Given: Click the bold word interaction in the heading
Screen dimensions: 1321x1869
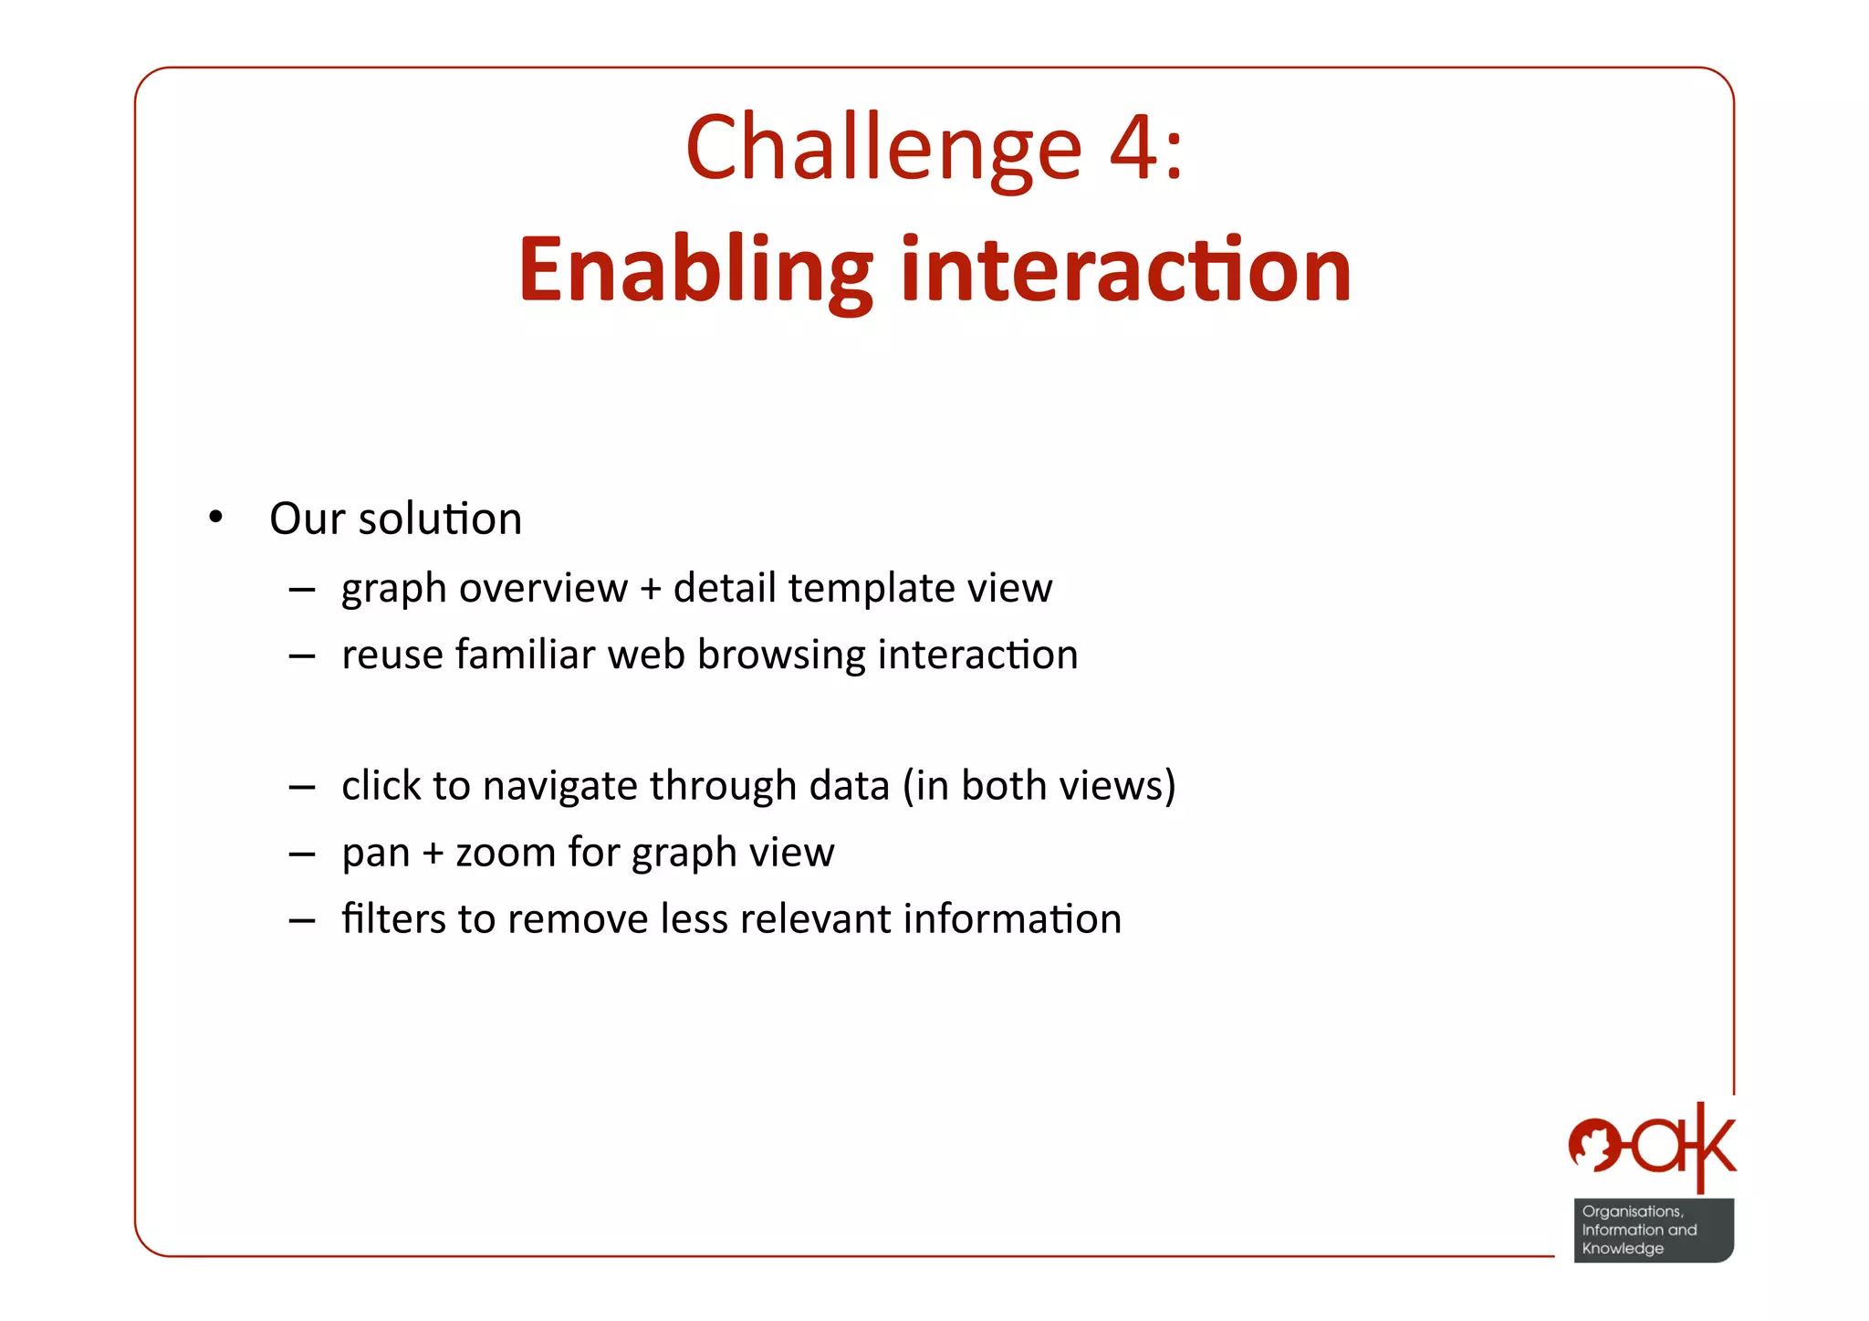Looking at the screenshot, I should [1124, 271].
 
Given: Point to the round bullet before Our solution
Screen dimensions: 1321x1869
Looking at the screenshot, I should [215, 519].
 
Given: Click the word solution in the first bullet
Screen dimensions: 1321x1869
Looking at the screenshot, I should [440, 519].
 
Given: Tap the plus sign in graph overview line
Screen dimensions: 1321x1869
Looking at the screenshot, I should [650, 589].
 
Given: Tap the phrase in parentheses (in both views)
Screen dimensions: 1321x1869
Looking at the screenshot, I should [1039, 786].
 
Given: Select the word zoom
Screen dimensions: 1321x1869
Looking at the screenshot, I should [505, 853].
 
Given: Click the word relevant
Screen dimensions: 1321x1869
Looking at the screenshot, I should [816, 918].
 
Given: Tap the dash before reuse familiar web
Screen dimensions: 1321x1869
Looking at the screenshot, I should [301, 655].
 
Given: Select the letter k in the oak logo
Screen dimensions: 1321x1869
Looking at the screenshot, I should [1712, 1147].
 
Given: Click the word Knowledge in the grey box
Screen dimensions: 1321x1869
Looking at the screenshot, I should [1623, 1249].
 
